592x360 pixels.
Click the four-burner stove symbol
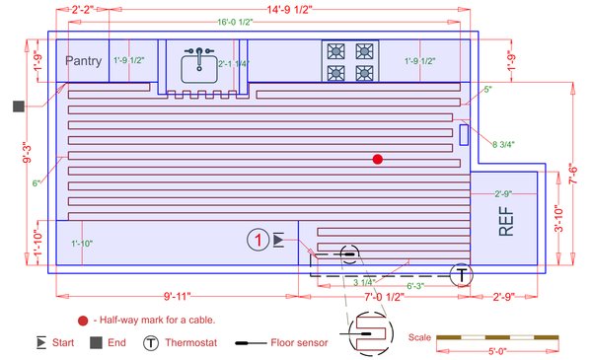[349, 61]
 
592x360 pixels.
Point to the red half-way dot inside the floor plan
[376, 159]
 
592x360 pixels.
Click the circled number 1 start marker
[258, 239]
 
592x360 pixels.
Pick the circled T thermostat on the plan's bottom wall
[460, 275]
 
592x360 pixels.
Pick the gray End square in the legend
[97, 343]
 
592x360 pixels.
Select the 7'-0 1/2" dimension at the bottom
[386, 296]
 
